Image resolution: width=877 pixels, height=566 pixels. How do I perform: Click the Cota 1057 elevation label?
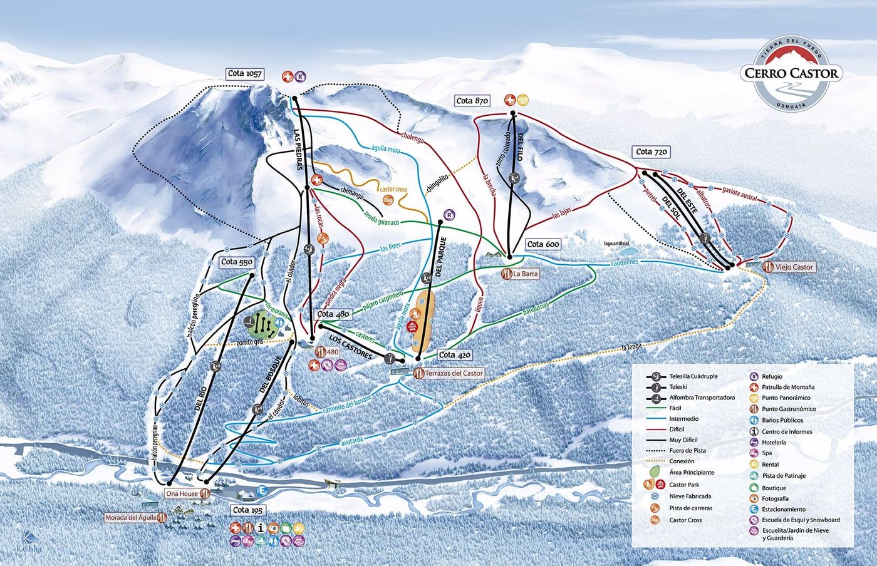coord(245,74)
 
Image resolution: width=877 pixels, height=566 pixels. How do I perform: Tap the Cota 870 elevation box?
coord(472,101)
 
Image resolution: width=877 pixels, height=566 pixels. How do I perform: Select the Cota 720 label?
coord(652,152)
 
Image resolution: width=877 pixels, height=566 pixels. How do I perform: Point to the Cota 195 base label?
coord(248,510)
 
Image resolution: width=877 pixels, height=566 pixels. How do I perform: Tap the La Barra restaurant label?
coord(525,274)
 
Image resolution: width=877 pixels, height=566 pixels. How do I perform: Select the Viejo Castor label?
coord(794,267)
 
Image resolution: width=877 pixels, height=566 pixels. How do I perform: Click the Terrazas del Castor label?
coord(454,373)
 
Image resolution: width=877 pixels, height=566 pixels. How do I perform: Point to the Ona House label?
coord(182,493)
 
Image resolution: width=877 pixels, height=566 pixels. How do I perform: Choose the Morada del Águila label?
coord(132,518)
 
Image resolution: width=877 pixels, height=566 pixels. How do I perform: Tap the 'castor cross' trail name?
coord(393,189)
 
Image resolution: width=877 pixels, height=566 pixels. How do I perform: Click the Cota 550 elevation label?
coord(237,262)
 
